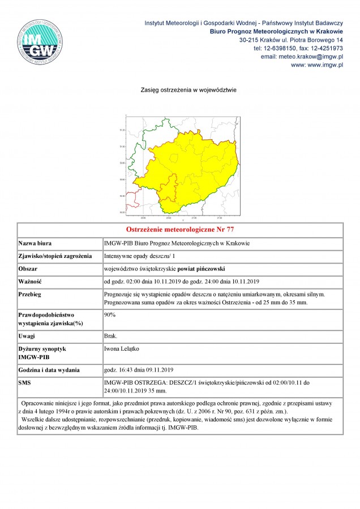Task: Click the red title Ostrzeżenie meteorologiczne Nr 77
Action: coord(180,230)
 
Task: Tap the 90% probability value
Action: coord(110,313)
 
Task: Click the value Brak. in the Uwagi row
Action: coord(111,336)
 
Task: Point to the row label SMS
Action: coord(25,383)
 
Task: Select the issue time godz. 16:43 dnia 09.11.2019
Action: coord(139,370)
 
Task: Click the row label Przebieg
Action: coord(31,295)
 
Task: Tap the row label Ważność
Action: coord(31,281)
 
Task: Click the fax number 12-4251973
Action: coord(325,49)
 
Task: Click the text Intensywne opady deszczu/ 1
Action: coord(139,256)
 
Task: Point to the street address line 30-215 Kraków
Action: coord(291,40)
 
